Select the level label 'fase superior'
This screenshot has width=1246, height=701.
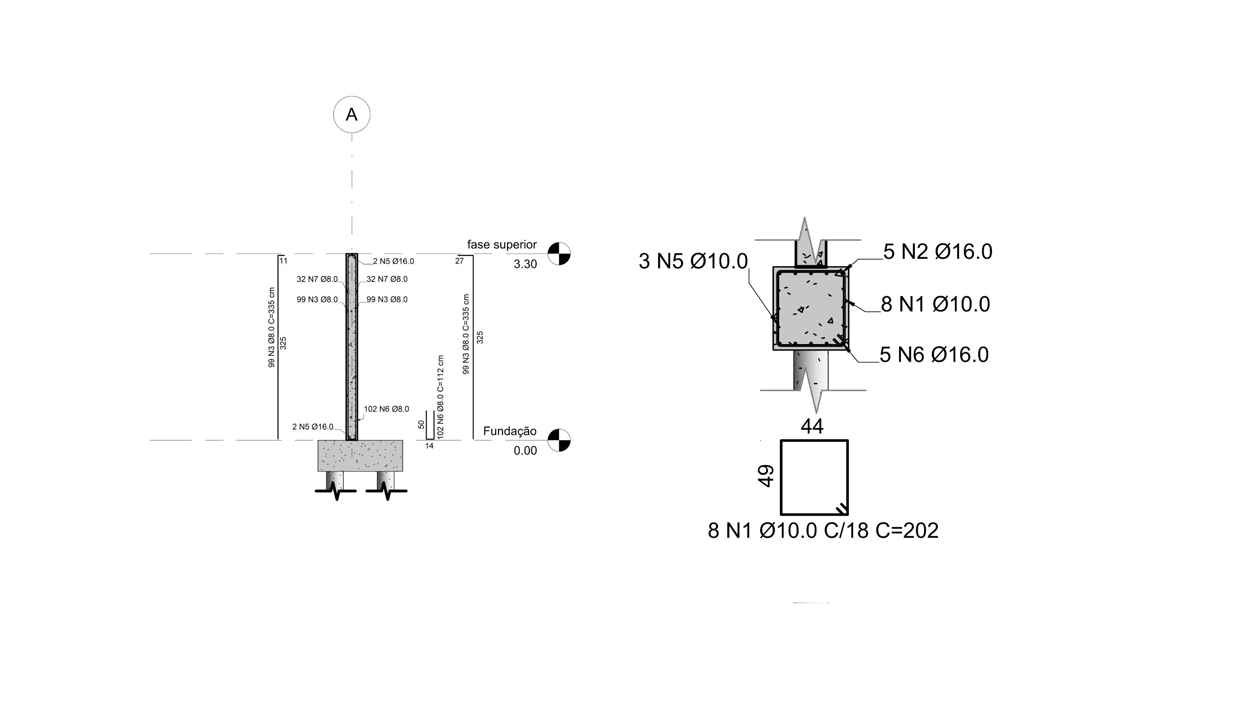click(x=501, y=245)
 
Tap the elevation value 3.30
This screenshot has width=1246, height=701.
click(x=525, y=264)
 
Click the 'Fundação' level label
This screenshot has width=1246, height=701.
click(x=510, y=431)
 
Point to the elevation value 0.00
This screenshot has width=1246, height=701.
click(x=525, y=451)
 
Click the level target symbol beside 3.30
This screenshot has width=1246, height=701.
click(x=559, y=254)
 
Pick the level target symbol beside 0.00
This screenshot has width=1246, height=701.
click(x=559, y=440)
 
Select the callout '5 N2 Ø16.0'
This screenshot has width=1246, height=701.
click(x=938, y=251)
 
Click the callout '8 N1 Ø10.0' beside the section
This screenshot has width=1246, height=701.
click(x=935, y=304)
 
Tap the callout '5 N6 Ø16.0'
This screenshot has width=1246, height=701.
click(x=934, y=355)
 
